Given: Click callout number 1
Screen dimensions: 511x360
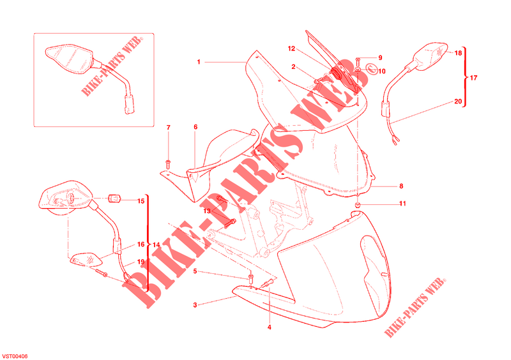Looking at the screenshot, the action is click(x=199, y=62).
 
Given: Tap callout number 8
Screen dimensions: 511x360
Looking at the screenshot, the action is click(x=401, y=186).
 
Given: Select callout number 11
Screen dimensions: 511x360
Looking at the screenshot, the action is click(x=403, y=204).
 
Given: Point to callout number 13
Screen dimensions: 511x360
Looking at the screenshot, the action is click(x=207, y=211).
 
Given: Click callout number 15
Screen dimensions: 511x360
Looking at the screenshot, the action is click(x=141, y=201).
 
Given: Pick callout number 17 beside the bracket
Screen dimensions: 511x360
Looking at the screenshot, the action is click(x=473, y=78).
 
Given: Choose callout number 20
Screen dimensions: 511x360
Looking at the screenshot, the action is click(x=458, y=101).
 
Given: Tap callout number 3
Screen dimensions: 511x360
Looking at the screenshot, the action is click(x=195, y=305).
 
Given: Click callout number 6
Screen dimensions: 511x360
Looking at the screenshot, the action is click(x=195, y=127).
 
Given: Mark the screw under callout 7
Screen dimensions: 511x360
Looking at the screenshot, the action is click(x=169, y=164).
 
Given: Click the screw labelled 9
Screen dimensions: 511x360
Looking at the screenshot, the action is click(x=358, y=60).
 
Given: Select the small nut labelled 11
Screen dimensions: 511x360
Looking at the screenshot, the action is click(x=358, y=205).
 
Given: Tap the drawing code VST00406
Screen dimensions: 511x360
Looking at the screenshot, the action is click(x=15, y=356).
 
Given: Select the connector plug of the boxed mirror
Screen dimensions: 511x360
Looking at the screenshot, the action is click(x=130, y=104).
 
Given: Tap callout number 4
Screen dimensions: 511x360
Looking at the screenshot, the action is click(x=269, y=327).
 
